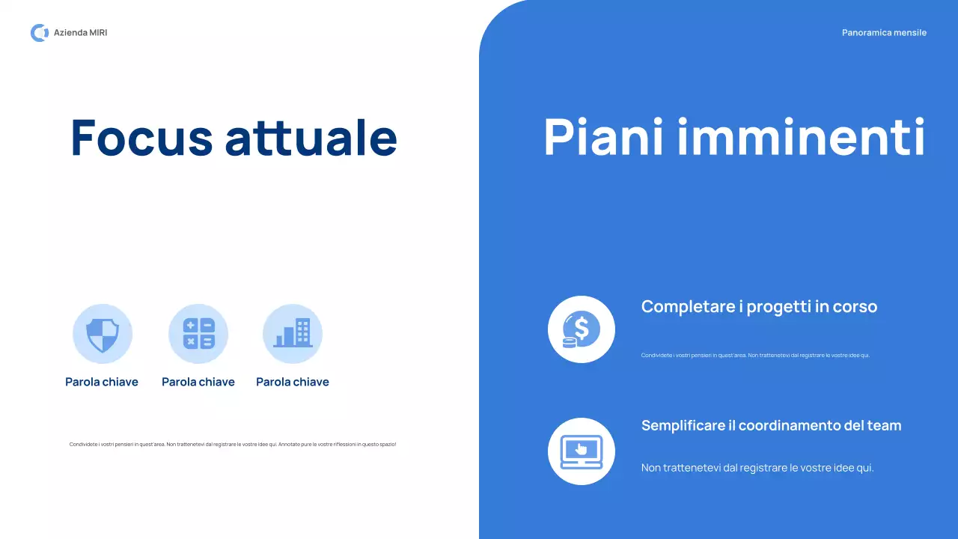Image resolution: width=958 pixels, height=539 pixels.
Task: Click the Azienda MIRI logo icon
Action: [x=39, y=33]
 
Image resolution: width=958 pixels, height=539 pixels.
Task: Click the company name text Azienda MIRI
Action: [x=80, y=33]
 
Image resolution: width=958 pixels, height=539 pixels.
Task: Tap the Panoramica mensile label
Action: [x=884, y=33]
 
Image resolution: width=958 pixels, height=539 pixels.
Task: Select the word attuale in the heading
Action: [x=311, y=138]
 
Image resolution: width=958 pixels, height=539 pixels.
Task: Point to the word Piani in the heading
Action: [x=604, y=138]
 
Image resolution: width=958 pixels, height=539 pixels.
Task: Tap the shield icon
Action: [x=103, y=334]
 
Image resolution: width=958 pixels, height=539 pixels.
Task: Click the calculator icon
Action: [x=198, y=334]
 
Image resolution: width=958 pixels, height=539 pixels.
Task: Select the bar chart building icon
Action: [x=293, y=334]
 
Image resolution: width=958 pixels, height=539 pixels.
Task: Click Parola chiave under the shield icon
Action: [x=102, y=382]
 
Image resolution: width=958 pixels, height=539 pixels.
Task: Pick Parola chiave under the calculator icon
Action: [x=198, y=382]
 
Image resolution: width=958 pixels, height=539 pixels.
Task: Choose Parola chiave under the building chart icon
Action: [x=293, y=382]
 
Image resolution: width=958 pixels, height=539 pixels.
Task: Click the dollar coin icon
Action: [x=582, y=329]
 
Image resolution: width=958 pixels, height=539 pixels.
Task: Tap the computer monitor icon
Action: [x=582, y=451]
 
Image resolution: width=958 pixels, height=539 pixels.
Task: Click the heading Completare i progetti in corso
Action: [x=759, y=306]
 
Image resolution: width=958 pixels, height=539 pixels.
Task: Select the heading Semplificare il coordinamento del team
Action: [x=771, y=425]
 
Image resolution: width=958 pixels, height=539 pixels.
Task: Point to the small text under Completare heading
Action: [x=755, y=356]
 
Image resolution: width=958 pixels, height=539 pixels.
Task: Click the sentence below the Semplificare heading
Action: [x=757, y=468]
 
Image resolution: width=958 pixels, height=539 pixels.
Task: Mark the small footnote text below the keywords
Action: [x=233, y=445]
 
